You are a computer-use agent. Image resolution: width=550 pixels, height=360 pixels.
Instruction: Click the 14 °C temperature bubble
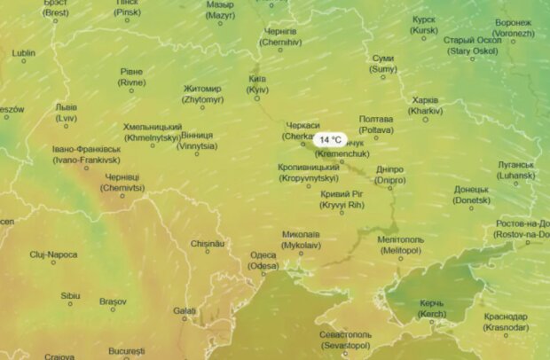tap(330, 140)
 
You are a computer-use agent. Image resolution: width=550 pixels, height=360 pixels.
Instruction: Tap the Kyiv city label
tap(257, 84)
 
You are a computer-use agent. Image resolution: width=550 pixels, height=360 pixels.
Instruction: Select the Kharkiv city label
tap(425, 106)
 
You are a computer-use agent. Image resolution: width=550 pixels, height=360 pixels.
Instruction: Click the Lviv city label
tap(66, 112)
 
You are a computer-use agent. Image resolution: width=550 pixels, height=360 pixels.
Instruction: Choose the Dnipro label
tap(389, 174)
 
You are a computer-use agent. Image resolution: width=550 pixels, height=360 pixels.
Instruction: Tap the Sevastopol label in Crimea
tap(346, 340)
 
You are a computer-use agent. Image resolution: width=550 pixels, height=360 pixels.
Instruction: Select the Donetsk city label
tap(471, 194)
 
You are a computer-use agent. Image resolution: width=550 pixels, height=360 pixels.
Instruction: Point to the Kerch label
tap(431, 309)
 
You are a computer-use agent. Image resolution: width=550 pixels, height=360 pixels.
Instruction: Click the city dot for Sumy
tap(383, 77)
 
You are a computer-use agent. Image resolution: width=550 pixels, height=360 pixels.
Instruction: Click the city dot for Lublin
tap(24, 61)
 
